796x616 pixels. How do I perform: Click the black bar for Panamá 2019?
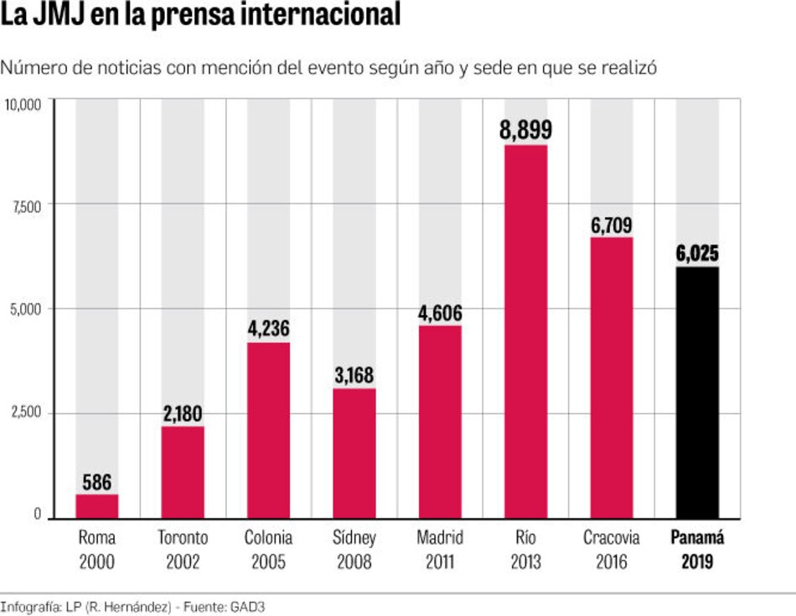(x=697, y=392)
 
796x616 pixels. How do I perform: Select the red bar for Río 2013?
(x=525, y=331)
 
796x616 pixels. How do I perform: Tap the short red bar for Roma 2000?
(x=97, y=506)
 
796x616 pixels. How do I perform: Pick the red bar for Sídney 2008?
(x=354, y=453)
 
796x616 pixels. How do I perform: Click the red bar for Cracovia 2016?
(x=612, y=377)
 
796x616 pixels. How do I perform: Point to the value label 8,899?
(x=525, y=131)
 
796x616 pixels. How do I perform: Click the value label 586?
(x=97, y=483)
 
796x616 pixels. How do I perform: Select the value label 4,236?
(x=268, y=329)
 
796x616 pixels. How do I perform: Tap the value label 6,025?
(x=697, y=253)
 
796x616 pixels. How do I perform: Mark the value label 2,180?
(x=183, y=414)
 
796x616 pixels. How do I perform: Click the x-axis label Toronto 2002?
(x=183, y=550)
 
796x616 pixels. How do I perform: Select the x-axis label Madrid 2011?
(x=440, y=550)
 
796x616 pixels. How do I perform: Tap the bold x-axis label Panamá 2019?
(x=697, y=550)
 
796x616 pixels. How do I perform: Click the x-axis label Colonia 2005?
(x=268, y=550)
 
